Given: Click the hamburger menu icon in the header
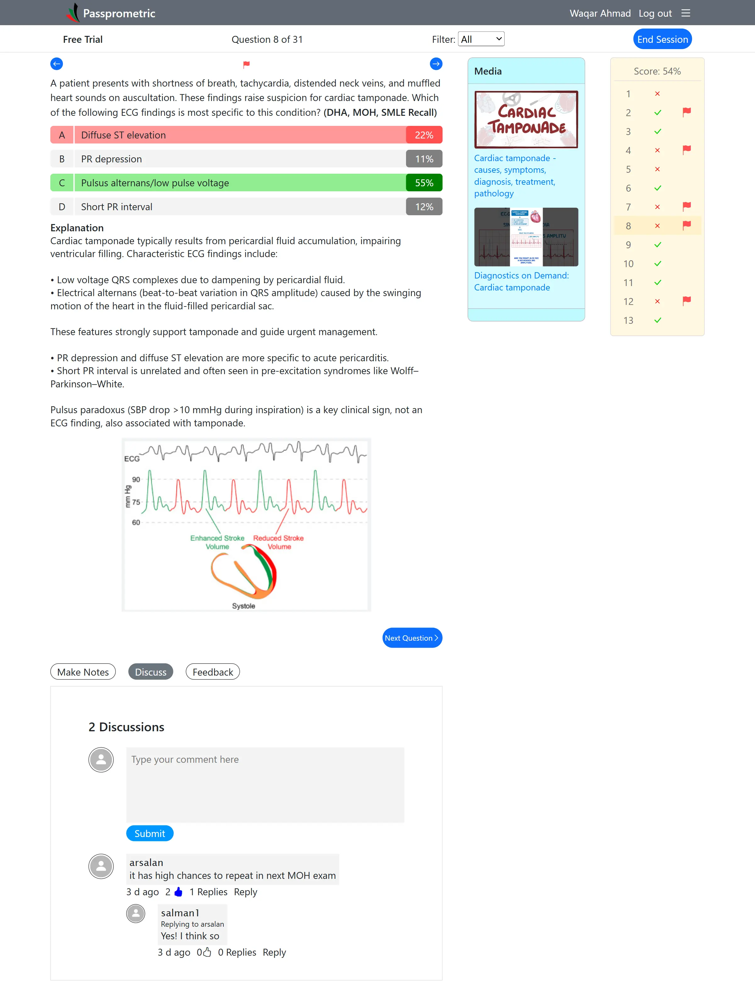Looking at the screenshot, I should [x=685, y=13].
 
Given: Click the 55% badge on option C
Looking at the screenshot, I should [x=424, y=183].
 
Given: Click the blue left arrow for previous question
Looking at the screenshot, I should [x=57, y=64].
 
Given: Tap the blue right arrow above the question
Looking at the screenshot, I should [x=435, y=64].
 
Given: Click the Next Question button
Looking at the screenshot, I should [x=412, y=638].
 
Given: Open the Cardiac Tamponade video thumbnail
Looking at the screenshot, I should [x=526, y=119].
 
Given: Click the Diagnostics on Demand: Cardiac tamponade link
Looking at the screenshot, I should [x=521, y=281].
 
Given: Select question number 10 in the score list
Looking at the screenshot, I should [x=628, y=264].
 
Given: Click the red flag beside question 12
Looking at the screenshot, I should [x=686, y=301].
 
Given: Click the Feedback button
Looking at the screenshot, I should [x=213, y=672].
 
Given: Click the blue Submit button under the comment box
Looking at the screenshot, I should [x=150, y=833].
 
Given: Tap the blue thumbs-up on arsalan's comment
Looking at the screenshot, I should [x=178, y=891].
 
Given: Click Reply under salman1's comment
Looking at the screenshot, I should [x=274, y=952].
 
